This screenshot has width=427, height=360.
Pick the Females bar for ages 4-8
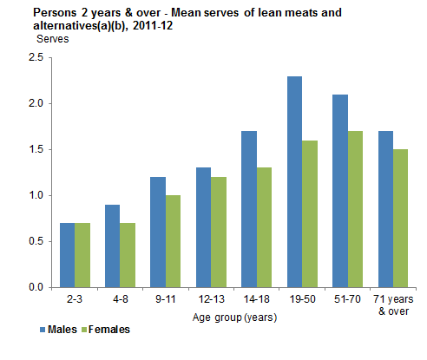pyautogui.click(x=126, y=255)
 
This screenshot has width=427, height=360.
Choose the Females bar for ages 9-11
pyautogui.click(x=172, y=241)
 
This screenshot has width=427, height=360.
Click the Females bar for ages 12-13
pyautogui.click(x=217, y=232)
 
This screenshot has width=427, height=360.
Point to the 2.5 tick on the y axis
pyautogui.click(x=36, y=57)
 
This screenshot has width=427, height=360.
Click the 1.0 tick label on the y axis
pyautogui.click(x=36, y=195)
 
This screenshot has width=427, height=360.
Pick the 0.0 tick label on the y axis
pyautogui.click(x=36, y=287)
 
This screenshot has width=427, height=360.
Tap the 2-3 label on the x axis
pyautogui.click(x=74, y=298)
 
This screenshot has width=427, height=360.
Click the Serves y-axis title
pyautogui.click(x=53, y=40)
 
